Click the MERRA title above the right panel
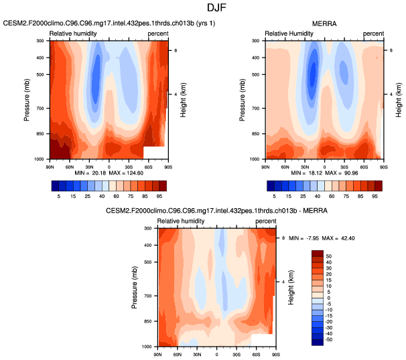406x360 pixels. point(325,23)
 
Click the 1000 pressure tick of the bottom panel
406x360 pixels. point(148,347)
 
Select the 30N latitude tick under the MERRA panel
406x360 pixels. point(306,164)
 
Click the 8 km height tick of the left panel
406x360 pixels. point(175,50)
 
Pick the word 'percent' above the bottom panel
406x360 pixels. point(267,221)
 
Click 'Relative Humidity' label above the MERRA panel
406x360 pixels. point(289,33)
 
